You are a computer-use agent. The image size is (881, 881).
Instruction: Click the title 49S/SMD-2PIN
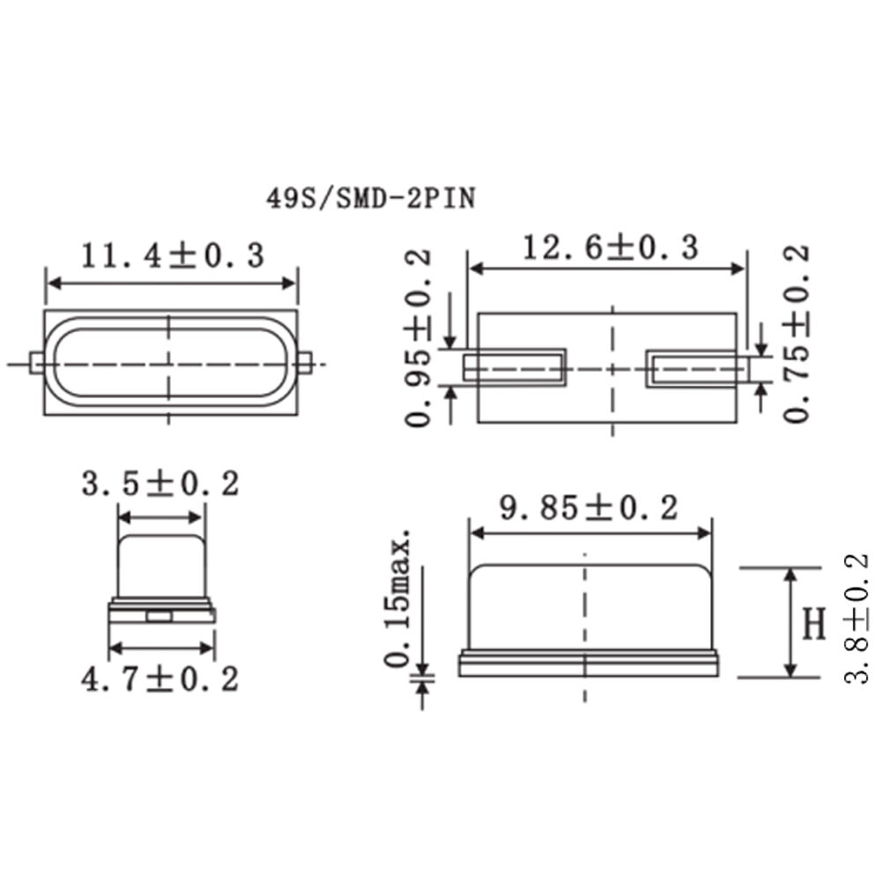pyautogui.click(x=371, y=199)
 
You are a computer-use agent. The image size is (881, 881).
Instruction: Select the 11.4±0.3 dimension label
pyautogui.click(x=173, y=255)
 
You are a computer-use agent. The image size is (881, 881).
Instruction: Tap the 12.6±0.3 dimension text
pyautogui.click(x=610, y=248)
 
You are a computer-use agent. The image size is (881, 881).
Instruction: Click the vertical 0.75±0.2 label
pyautogui.click(x=796, y=334)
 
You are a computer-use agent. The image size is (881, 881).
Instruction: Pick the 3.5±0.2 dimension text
pyautogui.click(x=159, y=485)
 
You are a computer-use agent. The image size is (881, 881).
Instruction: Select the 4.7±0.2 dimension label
pyautogui.click(x=159, y=679)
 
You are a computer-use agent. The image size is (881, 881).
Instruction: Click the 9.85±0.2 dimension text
pyautogui.click(x=589, y=508)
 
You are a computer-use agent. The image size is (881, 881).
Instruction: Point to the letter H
pyautogui.click(x=816, y=624)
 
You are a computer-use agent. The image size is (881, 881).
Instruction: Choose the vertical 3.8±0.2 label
pyautogui.click(x=856, y=618)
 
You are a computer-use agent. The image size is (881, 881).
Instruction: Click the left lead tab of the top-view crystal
pyautogui.click(x=35, y=363)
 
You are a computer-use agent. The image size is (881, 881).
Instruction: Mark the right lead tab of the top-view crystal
pyautogui.click(x=305, y=363)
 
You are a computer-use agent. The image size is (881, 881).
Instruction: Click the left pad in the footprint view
pyautogui.click(x=515, y=367)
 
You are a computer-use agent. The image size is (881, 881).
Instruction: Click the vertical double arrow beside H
pyautogui.click(x=790, y=623)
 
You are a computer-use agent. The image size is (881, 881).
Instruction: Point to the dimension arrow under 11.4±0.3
pyautogui.click(x=172, y=283)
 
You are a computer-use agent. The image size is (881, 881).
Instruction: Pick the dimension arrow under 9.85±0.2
pyautogui.click(x=589, y=532)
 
